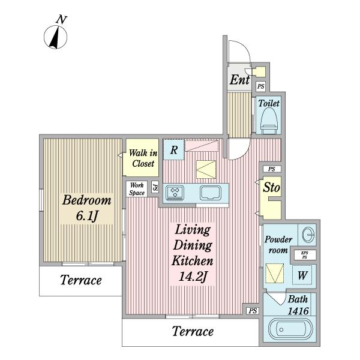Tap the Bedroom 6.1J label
tap(87, 208)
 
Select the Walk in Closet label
tap(143, 158)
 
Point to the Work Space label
tap(137, 189)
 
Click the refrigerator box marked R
tap(174, 149)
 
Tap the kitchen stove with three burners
tap(175, 193)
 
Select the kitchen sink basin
tap(211, 193)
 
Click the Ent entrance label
tap(239, 80)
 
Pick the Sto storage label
tap(271, 187)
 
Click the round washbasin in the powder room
tap(307, 235)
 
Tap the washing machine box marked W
tap(302, 275)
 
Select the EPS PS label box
tap(305, 255)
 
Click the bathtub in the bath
tap(290, 329)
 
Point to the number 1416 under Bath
tap(298, 311)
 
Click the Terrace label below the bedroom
tap(81, 280)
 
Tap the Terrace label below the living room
tap(193, 331)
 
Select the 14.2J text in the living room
tap(193, 277)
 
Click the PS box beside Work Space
tap(155, 187)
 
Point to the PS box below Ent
tap(260, 86)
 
